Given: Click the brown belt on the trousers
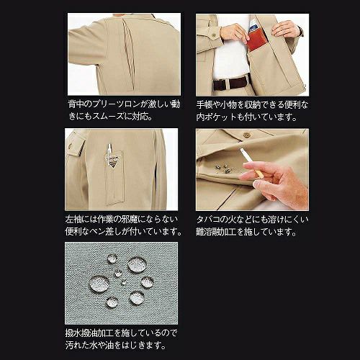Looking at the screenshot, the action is point(230,83).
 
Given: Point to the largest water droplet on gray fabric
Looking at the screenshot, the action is point(99,284).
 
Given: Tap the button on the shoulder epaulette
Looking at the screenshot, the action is point(71,145).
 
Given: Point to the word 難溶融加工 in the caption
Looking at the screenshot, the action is point(216,232).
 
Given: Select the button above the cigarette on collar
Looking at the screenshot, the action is point(246,135).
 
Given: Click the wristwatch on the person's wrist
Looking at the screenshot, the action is point(300,30).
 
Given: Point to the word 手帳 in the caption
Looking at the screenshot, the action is point(204,104).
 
